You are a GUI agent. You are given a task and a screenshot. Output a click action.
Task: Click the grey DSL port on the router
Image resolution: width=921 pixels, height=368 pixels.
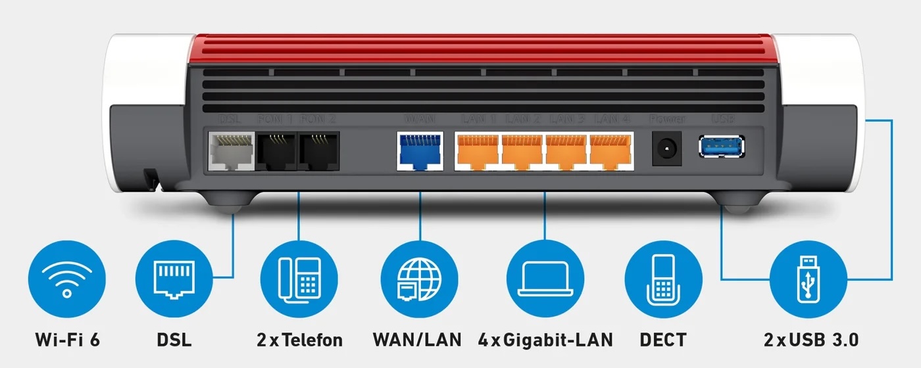(x=231, y=151)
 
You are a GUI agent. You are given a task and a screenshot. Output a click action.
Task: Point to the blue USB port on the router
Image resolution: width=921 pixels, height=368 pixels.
(x=722, y=146)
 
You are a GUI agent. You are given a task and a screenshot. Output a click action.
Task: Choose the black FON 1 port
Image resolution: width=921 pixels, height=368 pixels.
(x=275, y=151)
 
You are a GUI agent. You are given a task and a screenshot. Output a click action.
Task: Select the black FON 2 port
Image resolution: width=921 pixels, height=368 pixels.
(x=318, y=151)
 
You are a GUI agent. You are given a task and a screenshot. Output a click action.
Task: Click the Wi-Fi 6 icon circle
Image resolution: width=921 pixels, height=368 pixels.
(x=67, y=279)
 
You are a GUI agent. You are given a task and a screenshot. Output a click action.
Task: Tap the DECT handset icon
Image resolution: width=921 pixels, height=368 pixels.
(x=662, y=279)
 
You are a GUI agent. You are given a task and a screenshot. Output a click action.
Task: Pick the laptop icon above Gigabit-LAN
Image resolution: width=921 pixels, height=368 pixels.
(x=544, y=279)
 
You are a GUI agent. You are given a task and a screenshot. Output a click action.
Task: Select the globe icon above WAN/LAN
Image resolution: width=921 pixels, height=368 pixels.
(x=419, y=279)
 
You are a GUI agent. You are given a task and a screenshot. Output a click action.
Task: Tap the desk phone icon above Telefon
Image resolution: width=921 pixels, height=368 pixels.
(x=299, y=279)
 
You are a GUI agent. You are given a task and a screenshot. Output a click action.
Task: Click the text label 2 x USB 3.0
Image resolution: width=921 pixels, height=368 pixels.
(x=811, y=340)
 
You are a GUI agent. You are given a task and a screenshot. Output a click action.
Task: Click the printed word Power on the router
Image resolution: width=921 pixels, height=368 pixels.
(x=667, y=119)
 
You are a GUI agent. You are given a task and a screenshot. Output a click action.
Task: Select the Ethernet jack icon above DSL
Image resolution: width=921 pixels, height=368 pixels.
(x=174, y=279)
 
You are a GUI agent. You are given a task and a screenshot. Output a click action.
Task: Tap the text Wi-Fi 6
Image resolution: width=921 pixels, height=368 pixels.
(x=67, y=340)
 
